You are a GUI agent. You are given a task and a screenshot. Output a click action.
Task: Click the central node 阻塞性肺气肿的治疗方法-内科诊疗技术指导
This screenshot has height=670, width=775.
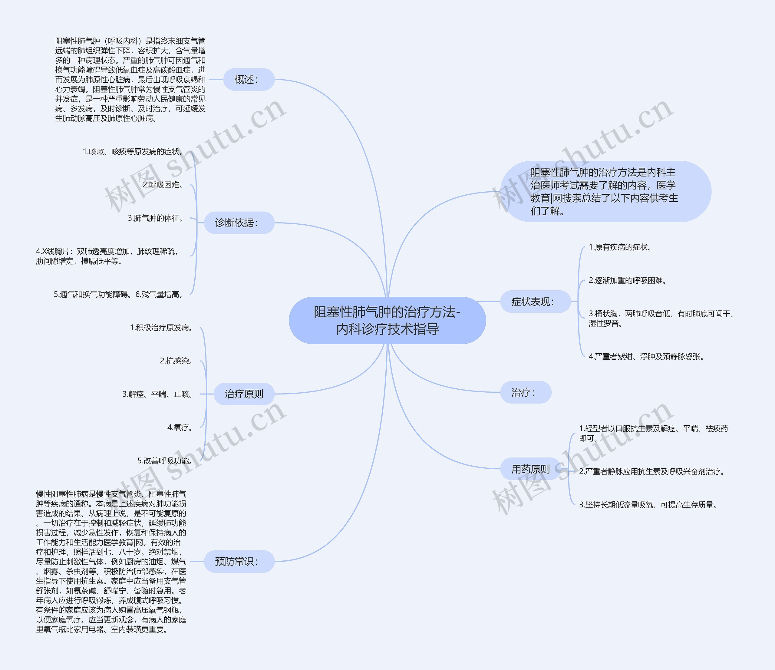(387, 320)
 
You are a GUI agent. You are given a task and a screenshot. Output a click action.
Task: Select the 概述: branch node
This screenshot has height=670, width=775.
(249, 79)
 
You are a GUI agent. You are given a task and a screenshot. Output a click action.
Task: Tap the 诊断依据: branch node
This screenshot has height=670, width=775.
(239, 223)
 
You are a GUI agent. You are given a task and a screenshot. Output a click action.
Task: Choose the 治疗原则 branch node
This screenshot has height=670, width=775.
(244, 394)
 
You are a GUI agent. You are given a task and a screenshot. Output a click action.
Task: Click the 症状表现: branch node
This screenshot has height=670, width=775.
(535, 302)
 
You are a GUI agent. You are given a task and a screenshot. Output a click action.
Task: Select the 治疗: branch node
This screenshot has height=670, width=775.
(526, 392)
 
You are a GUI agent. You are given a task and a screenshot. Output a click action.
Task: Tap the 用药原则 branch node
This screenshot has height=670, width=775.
(530, 469)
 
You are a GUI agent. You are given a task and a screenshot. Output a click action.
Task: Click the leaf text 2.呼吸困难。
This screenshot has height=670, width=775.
(163, 185)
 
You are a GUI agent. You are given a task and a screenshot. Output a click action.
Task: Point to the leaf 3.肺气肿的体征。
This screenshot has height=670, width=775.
(156, 218)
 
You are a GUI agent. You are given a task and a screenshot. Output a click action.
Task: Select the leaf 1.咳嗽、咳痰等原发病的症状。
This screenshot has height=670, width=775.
(133, 151)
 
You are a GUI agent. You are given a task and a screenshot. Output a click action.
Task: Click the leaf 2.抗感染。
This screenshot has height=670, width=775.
(176, 361)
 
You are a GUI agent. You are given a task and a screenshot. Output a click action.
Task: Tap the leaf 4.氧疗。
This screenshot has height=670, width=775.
(180, 427)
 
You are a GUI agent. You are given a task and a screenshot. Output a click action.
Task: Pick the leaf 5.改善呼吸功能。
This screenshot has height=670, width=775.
(165, 460)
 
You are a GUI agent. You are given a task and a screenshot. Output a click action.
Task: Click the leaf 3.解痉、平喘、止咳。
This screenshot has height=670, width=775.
(157, 394)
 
